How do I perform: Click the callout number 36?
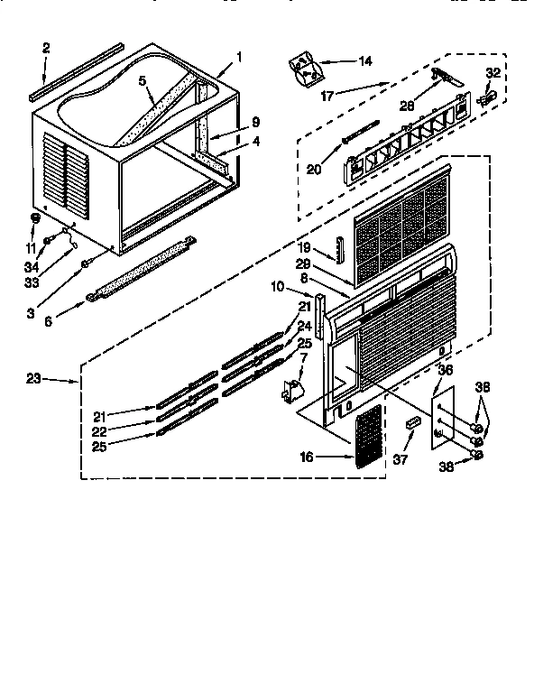[x=444, y=368]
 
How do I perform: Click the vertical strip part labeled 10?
[x=318, y=317]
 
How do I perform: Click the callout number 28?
[x=405, y=106]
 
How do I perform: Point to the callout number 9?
[x=255, y=122]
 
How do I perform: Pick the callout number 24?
[x=305, y=326]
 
